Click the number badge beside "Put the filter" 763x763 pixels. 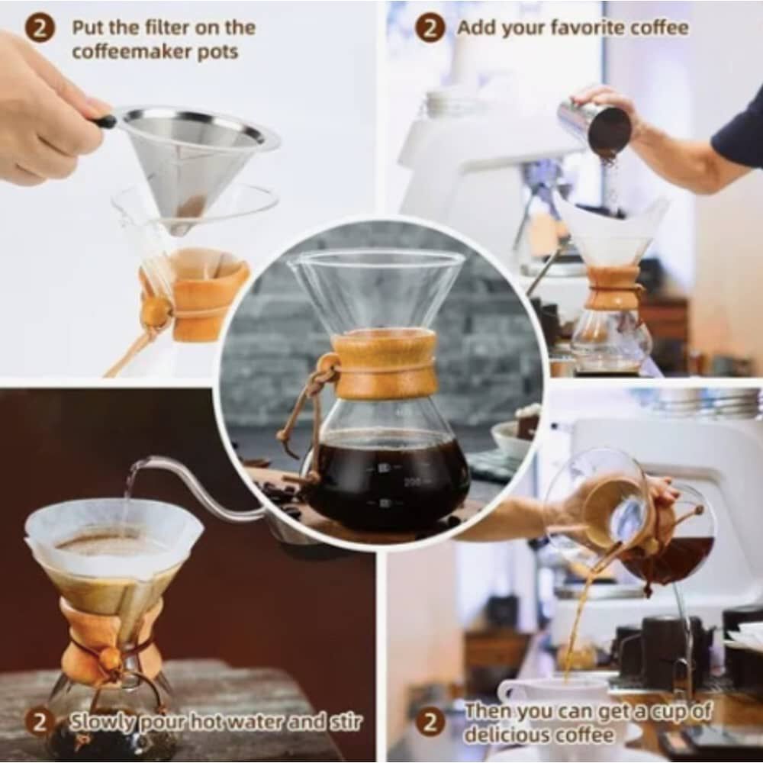tap(39, 28)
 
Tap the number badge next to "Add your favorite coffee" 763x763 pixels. tap(430, 28)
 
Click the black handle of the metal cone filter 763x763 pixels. tap(105, 121)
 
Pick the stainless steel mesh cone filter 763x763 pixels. tap(187, 160)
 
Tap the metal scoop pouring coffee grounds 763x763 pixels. tap(594, 126)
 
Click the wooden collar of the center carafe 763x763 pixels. tap(385, 365)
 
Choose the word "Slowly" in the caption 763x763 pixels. tap(101, 721)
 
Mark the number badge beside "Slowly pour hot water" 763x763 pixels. tap(39, 721)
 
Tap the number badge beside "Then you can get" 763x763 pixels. tap(430, 721)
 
